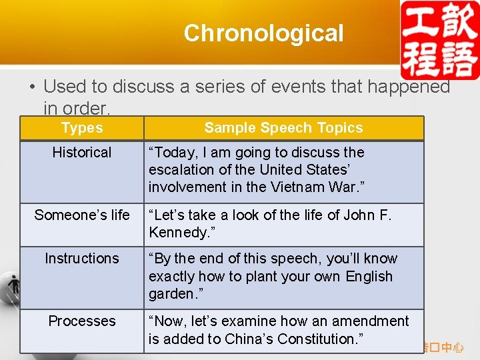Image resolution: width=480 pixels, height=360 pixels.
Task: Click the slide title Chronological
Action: tap(263, 33)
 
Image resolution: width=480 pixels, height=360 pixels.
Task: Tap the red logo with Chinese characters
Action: tap(439, 40)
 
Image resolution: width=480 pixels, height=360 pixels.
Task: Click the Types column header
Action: tap(82, 128)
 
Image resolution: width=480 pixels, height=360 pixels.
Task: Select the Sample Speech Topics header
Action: tap(283, 128)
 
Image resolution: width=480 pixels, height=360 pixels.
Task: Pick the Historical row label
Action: tap(82, 152)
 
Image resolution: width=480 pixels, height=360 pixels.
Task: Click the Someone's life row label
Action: tap(82, 215)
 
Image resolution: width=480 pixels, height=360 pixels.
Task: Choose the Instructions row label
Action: tap(82, 258)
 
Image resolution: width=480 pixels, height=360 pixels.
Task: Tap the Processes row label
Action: tap(82, 321)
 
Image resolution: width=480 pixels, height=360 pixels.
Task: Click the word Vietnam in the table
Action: tap(297, 187)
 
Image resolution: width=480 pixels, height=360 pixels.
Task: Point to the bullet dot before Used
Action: tap(32, 87)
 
